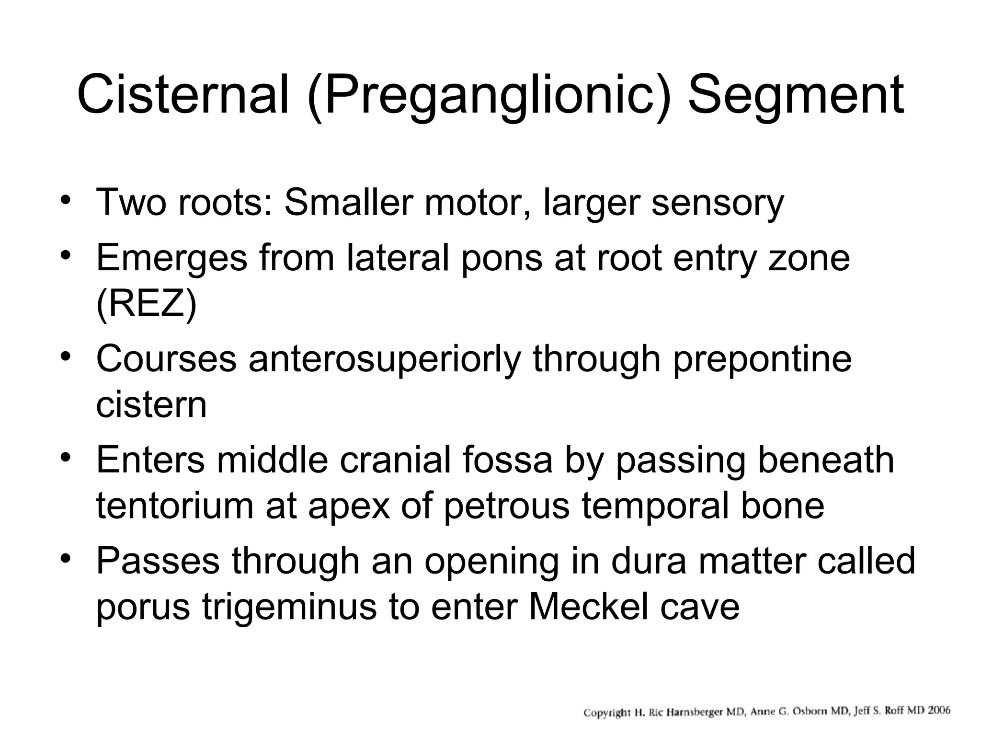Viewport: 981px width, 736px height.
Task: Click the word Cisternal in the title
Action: (183, 94)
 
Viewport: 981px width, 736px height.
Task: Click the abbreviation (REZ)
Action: (147, 304)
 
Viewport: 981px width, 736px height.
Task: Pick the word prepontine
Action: (762, 359)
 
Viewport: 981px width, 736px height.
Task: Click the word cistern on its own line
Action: (151, 405)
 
